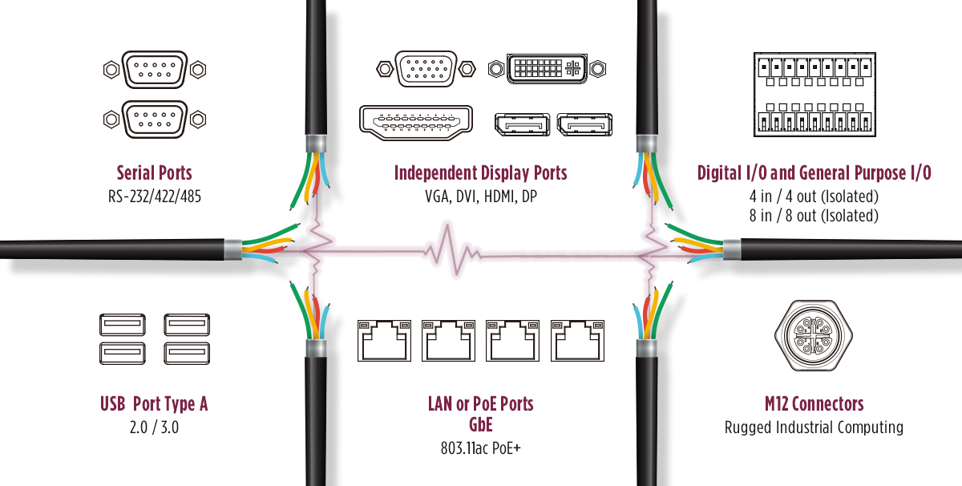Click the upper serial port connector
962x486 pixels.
(x=155, y=70)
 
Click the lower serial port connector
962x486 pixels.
(x=155, y=119)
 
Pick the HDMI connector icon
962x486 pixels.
(x=416, y=124)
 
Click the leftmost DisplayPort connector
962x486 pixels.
(x=523, y=124)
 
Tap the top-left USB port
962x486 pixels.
(x=123, y=324)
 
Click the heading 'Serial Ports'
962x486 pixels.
(x=155, y=172)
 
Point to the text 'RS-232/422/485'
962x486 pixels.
(x=155, y=196)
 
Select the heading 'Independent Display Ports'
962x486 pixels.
(x=480, y=172)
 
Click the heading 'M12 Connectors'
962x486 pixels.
(x=814, y=403)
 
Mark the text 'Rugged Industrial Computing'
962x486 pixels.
(x=814, y=427)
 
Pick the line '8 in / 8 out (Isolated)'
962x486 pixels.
(x=814, y=216)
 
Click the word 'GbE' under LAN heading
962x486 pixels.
(x=480, y=424)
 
